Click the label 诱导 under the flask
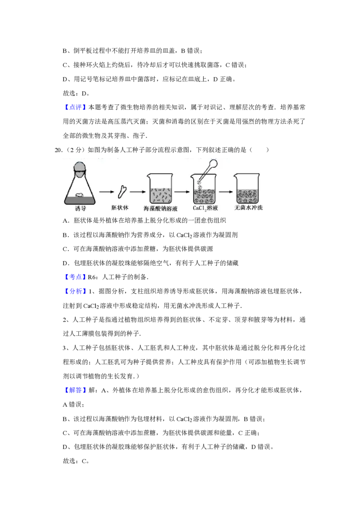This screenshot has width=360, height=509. pyautogui.click(x=80, y=208)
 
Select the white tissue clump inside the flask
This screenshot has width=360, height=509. pyautogui.click(x=80, y=195)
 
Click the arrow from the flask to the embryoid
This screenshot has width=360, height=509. pyautogui.click(x=107, y=192)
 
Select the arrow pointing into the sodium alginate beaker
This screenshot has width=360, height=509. pyautogui.click(x=136, y=192)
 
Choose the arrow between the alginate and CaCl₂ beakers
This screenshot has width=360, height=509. pyautogui.click(x=182, y=192)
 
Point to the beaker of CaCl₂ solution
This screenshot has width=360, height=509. pyautogui.click(x=205, y=191)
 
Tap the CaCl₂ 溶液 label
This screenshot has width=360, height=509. pyautogui.click(x=205, y=209)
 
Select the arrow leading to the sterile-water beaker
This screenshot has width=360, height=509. pyautogui.click(x=226, y=192)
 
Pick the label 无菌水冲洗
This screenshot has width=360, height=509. pyautogui.click(x=249, y=208)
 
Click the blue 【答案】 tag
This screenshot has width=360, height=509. pyautogui.click(x=75, y=277)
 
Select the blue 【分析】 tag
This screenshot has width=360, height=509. pyautogui.click(x=75, y=291)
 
